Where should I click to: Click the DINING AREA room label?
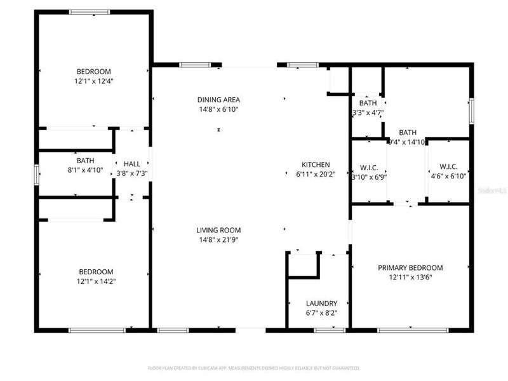(x=218, y=100)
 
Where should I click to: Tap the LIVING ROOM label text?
(x=218, y=231)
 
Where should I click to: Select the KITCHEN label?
(x=316, y=165)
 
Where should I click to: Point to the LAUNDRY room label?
(x=321, y=304)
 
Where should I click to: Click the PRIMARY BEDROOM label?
(x=410, y=268)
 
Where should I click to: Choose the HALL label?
(x=131, y=164)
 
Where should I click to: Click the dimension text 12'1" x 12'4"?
(x=94, y=81)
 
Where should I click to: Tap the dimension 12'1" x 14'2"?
(x=95, y=281)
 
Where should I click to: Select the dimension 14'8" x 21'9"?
(x=218, y=239)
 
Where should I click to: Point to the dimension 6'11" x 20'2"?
(x=316, y=174)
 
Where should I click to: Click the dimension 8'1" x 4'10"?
(x=85, y=170)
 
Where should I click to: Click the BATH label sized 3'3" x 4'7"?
(x=368, y=103)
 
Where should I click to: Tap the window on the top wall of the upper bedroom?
(x=89, y=11)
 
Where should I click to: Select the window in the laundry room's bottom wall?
(x=330, y=330)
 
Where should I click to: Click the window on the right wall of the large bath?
(x=471, y=112)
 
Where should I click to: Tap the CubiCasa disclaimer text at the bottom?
(x=254, y=368)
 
